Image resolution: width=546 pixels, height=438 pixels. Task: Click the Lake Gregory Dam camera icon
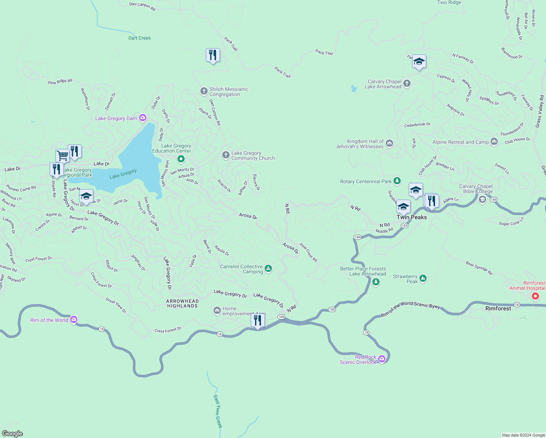click(143, 118)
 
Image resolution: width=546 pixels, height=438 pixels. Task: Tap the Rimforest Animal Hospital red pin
click(535, 296)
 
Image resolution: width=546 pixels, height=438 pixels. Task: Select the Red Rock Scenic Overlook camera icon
click(382, 359)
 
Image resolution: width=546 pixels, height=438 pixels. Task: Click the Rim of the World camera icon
click(74, 320)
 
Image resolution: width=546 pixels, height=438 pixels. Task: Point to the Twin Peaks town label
click(412, 217)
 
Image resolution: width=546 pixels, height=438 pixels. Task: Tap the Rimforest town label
click(498, 308)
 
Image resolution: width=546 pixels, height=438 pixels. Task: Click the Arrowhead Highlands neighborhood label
click(182, 304)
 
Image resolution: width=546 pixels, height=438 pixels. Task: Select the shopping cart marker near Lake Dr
click(62, 156)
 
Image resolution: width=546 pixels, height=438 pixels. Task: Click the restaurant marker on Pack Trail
click(213, 55)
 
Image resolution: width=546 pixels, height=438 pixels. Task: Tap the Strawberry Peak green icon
click(423, 279)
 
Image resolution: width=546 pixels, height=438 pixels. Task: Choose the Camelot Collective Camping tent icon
click(268, 269)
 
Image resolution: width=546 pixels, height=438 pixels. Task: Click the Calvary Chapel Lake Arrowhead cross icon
click(407, 84)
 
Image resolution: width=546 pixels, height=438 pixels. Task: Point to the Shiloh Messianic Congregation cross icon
click(204, 91)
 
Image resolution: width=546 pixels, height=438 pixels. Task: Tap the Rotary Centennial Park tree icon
click(397, 181)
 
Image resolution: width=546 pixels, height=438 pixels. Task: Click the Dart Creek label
click(139, 38)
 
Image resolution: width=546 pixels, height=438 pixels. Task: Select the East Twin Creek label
click(218, 411)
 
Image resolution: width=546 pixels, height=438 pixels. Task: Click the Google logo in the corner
click(12, 433)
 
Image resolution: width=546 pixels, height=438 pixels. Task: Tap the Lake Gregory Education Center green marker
click(181, 159)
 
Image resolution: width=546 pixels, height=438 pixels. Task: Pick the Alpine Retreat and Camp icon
click(494, 142)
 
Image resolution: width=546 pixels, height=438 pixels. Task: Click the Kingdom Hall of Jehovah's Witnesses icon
click(389, 143)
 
